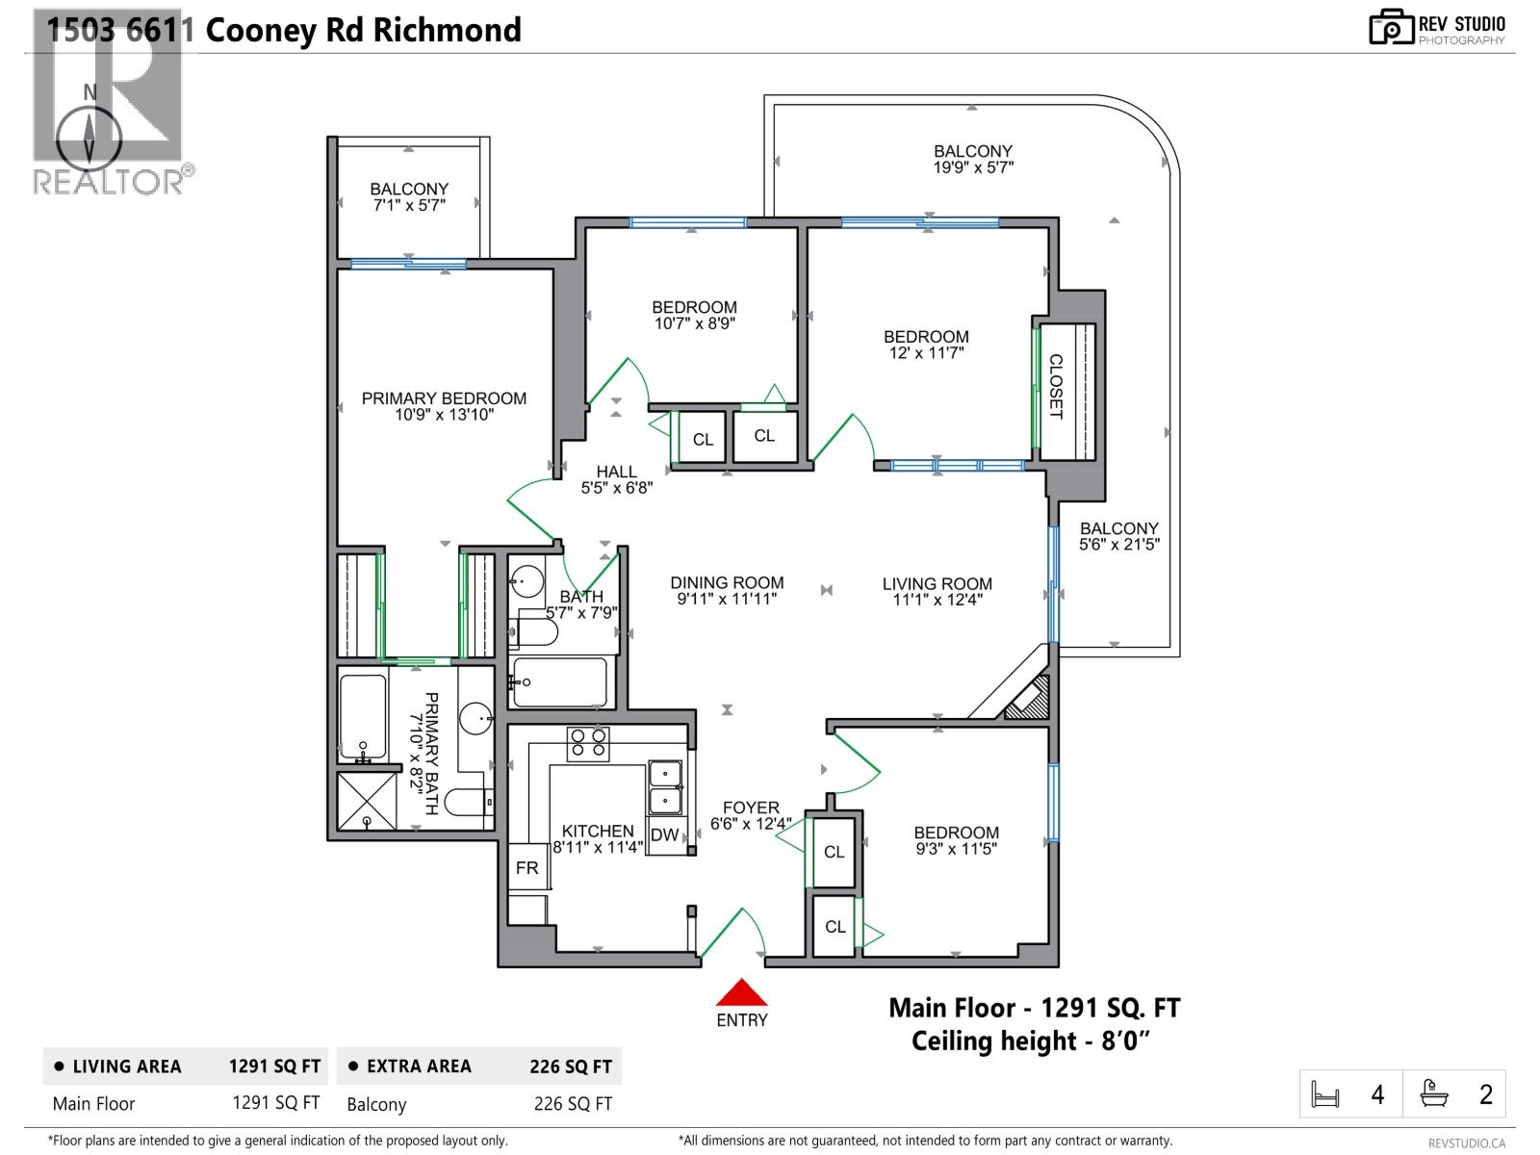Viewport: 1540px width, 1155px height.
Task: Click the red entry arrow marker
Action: (740, 992)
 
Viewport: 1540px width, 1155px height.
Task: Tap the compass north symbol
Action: (90, 135)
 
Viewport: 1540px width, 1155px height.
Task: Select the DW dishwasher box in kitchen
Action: (665, 835)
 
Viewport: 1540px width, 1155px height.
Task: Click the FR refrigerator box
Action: (526, 868)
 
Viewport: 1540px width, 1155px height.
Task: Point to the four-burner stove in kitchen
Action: (588, 743)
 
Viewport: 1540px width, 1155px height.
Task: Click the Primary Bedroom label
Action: (444, 398)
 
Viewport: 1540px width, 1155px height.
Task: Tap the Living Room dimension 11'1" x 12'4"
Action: (937, 600)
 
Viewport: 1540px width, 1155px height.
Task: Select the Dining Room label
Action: (727, 582)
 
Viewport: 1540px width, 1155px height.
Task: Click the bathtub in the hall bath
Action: (560, 682)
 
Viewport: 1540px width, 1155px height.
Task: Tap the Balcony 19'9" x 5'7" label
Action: (973, 159)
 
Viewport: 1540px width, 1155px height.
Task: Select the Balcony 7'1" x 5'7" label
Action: (409, 196)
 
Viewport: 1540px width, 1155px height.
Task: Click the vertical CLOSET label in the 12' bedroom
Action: (1056, 387)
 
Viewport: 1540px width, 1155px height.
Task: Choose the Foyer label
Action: (751, 808)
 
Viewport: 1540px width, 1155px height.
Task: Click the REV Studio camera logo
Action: (1391, 28)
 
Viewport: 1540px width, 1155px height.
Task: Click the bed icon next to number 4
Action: (1325, 1095)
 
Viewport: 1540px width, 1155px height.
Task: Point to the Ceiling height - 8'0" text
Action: (1031, 1041)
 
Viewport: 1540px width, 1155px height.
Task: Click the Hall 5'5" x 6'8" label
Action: (616, 479)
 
